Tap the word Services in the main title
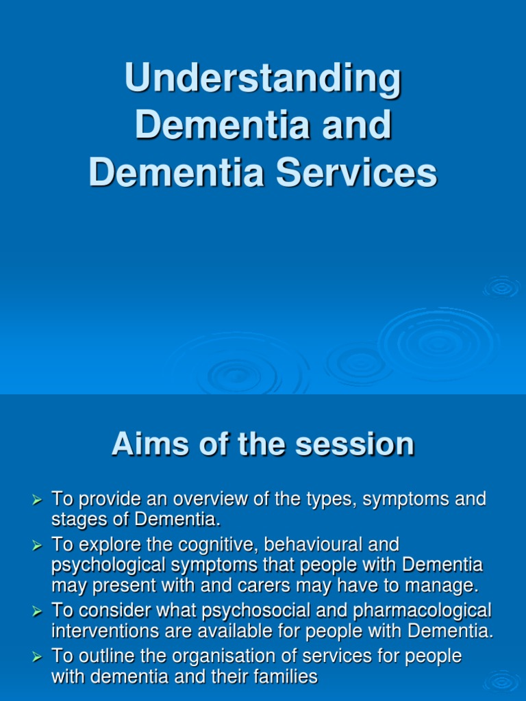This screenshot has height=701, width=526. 356,173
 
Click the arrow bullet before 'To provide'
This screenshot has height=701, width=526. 38,501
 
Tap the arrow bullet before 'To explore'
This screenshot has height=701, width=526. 38,546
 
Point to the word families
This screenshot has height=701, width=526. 281,678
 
